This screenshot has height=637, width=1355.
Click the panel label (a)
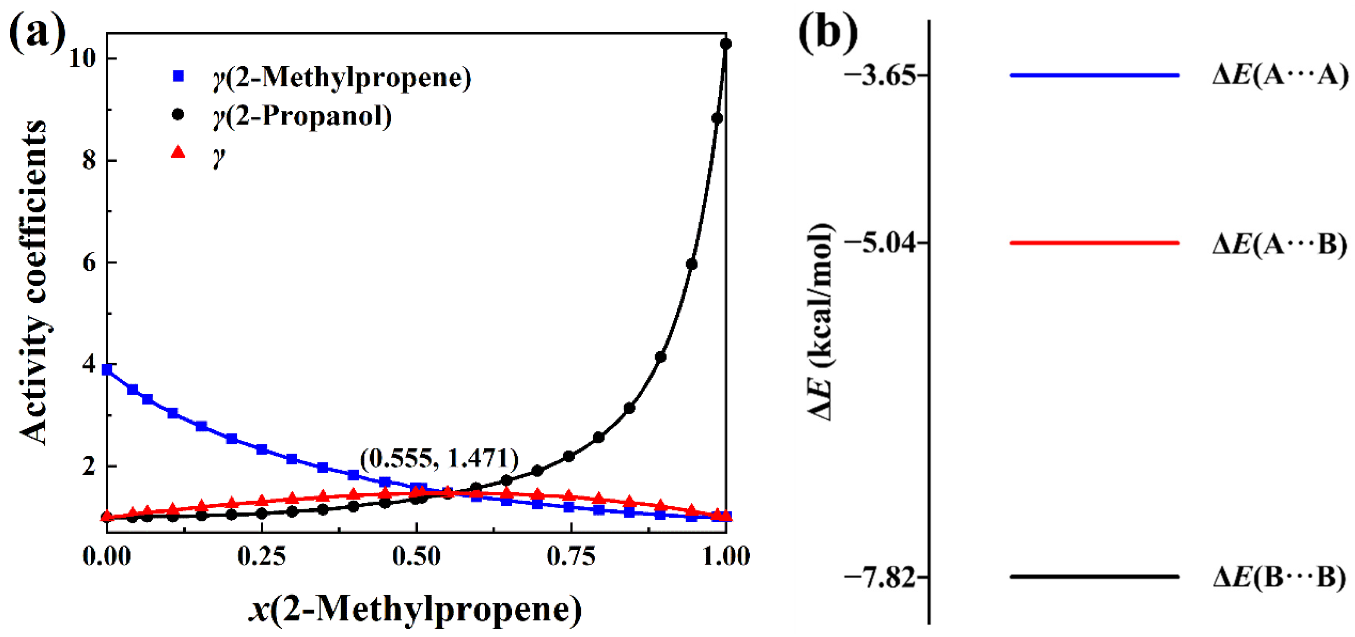37,32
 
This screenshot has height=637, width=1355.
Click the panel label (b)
827,32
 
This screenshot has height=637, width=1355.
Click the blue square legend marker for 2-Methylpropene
178,76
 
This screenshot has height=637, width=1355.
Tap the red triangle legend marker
178,153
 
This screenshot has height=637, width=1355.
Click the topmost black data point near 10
726,44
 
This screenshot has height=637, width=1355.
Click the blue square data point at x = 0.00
107,369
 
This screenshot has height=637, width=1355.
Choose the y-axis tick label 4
89,364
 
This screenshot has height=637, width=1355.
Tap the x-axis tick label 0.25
262,556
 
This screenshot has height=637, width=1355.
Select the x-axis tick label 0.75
571,556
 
